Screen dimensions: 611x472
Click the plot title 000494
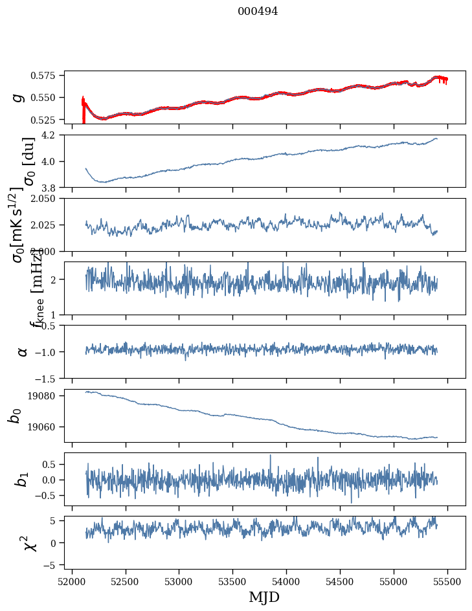(x=258, y=12)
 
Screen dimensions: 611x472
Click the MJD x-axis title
(x=264, y=597)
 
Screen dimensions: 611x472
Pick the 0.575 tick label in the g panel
(x=46, y=76)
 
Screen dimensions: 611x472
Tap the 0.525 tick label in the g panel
(x=46, y=120)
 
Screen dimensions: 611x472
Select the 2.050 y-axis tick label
(x=46, y=199)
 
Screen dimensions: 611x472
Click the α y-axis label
(x=23, y=351)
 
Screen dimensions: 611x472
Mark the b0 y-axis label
(x=16, y=416)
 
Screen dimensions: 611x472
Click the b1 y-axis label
(x=23, y=479)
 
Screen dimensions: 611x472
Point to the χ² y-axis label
(x=29, y=542)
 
